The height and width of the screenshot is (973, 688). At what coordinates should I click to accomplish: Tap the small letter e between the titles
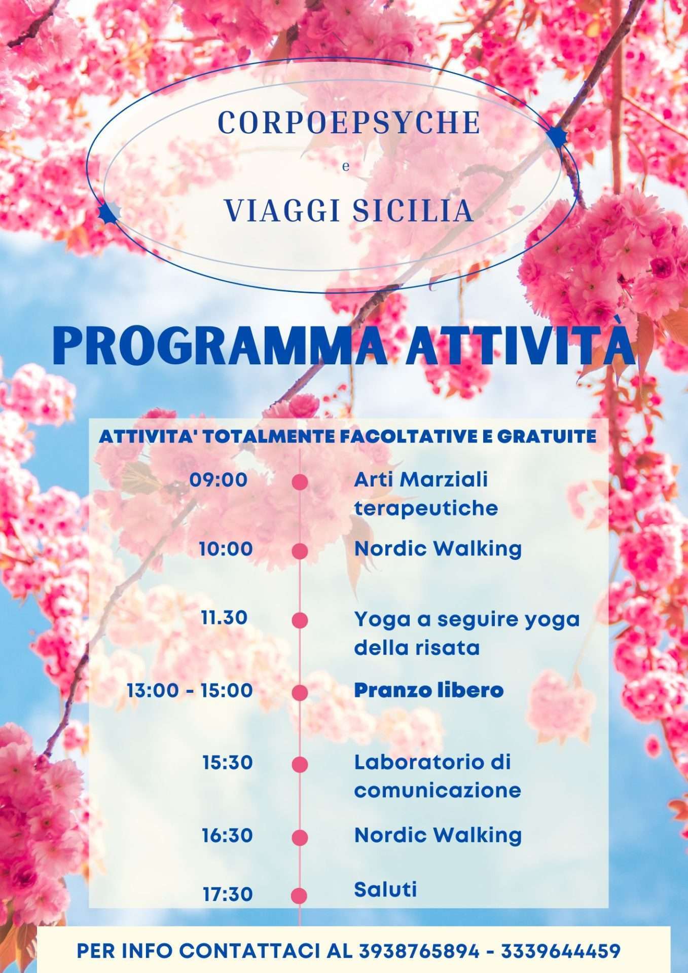click(x=346, y=167)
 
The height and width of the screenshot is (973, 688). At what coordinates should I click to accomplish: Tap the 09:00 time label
click(x=219, y=479)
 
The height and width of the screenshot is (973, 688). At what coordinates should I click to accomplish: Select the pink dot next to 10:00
click(x=300, y=551)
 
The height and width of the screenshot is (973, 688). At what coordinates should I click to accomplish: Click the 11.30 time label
click(x=224, y=618)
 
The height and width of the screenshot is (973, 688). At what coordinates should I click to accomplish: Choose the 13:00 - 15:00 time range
click(x=190, y=690)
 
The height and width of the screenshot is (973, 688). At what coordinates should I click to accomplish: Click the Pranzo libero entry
click(x=428, y=690)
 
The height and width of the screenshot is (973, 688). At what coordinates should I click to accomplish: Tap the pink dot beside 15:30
click(x=300, y=764)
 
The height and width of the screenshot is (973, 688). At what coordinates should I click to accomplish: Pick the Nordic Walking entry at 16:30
click(x=438, y=835)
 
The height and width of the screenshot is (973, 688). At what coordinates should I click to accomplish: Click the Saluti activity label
click(x=385, y=889)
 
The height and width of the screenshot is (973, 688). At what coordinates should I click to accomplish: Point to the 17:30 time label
click(x=228, y=894)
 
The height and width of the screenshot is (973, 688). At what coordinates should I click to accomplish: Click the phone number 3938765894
click(x=419, y=951)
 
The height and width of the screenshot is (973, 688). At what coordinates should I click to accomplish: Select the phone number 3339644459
click(x=561, y=951)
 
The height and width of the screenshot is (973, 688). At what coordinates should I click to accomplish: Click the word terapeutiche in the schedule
click(x=426, y=508)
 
